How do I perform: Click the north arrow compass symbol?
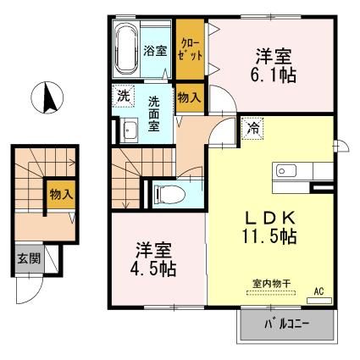pos(47,97)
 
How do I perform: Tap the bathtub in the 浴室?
pos(126,49)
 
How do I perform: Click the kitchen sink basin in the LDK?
pos(286,170)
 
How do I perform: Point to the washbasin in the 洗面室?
pos(129,130)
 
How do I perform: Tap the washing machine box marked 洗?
pos(124,97)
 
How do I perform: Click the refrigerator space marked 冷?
pos(252,129)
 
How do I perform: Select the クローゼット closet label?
pos(190,50)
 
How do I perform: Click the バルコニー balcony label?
pos(287,324)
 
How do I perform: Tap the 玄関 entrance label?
pos(29,258)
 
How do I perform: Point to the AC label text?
pos(319,291)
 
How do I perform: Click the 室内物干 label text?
pos(271,283)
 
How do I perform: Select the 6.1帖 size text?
pos(274,75)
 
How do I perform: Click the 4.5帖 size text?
pos(153,269)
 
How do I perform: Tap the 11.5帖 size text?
pos(269,236)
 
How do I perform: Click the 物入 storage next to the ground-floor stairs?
pos(61,195)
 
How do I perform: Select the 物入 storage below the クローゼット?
pos(190,97)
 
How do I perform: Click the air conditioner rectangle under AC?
pos(319,301)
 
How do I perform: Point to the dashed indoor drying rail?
pos(271,293)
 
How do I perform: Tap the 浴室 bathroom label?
pos(155,51)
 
